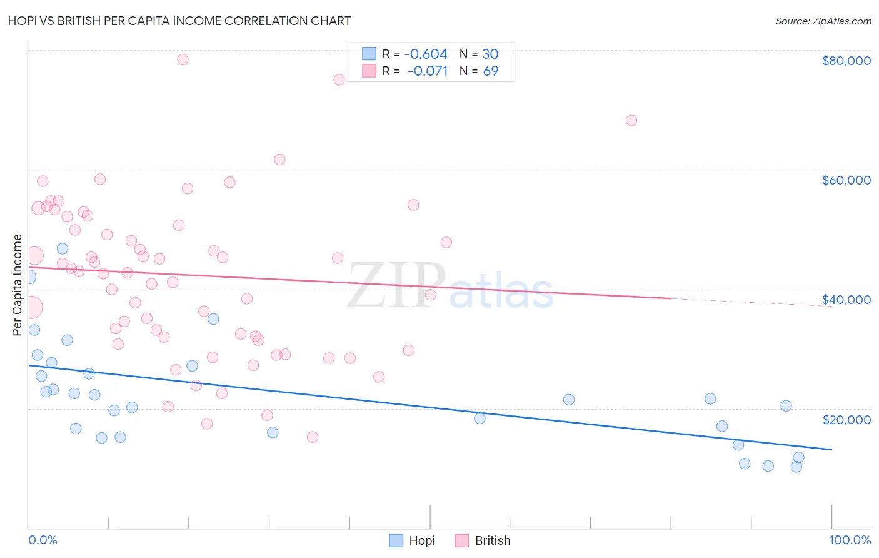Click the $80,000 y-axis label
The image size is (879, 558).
click(846, 61)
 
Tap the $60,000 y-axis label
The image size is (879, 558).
click(846, 180)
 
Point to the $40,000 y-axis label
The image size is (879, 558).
click(846, 300)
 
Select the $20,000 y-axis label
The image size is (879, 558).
click(846, 419)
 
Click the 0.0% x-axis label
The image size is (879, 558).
click(43, 540)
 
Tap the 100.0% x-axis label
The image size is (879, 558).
click(850, 540)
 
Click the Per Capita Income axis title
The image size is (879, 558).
click(18, 285)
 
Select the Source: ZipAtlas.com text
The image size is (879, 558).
click(823, 21)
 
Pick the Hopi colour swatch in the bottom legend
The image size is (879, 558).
click(396, 540)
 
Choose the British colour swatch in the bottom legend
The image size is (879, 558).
click(462, 540)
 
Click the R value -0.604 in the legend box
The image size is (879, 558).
click(426, 54)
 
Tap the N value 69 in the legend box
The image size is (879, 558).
click(491, 71)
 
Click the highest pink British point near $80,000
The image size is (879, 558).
click(183, 59)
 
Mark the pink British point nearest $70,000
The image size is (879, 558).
click(631, 120)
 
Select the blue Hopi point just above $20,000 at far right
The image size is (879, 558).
click(786, 405)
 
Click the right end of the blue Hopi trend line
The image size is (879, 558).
click(831, 449)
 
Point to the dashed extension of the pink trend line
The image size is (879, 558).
click(750, 302)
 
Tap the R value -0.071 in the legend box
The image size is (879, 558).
click(428, 71)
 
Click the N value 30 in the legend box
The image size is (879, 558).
click(490, 54)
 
